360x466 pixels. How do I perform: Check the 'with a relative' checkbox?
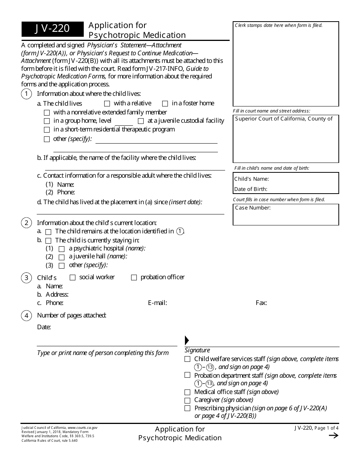point(107,103)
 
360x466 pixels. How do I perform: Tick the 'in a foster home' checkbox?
point(165,103)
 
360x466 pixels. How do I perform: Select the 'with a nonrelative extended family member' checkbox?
point(47,113)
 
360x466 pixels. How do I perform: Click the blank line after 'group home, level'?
point(124,122)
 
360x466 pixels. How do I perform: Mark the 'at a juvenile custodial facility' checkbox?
point(141,121)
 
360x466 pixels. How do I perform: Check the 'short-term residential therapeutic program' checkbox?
point(47,130)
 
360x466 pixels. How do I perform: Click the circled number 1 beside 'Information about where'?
point(27,94)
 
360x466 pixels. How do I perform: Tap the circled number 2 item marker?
point(27,223)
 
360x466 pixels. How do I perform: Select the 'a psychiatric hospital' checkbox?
point(61,249)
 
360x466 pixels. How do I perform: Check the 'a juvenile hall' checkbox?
point(61,257)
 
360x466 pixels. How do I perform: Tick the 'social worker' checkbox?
point(73,278)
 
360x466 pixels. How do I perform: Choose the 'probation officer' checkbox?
point(134,278)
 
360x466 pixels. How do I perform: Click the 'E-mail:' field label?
point(157,303)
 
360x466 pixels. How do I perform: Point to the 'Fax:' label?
point(261,303)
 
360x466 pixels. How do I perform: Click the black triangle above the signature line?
point(186,340)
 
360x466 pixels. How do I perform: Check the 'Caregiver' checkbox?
point(187,400)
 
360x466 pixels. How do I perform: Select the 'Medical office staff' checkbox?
point(187,393)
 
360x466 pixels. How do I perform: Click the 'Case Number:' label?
point(253,208)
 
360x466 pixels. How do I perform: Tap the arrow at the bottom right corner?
point(333,436)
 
